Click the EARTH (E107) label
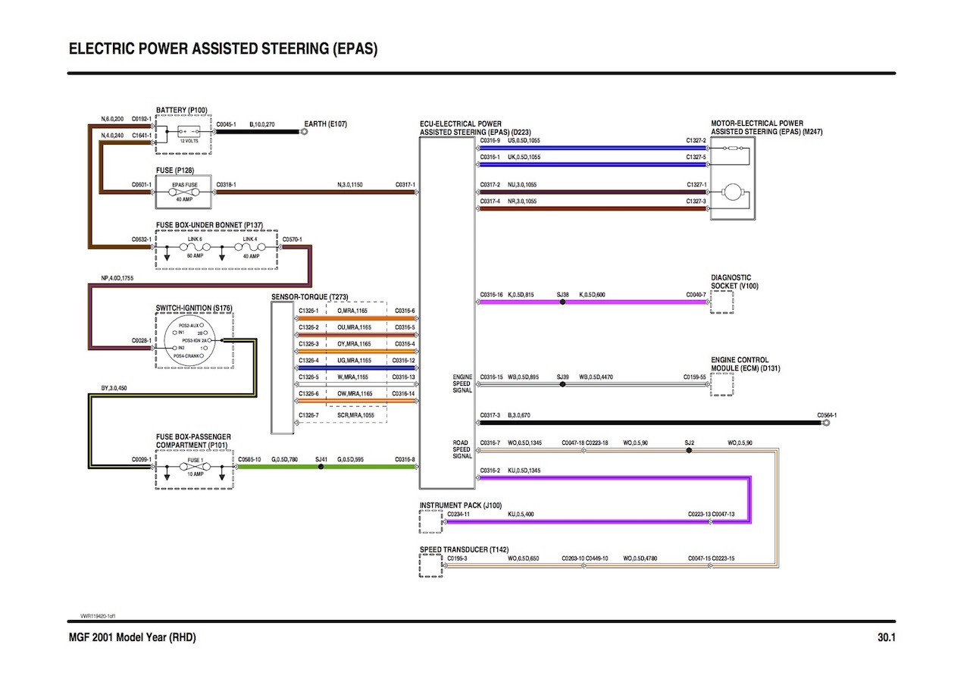(x=325, y=124)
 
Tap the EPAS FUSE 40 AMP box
(x=184, y=192)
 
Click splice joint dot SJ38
(x=562, y=302)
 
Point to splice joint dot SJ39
(x=562, y=384)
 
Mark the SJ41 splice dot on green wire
(x=321, y=467)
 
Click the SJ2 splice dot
(x=689, y=450)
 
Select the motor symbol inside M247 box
(x=733, y=192)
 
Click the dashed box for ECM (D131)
(x=721, y=384)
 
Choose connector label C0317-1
(x=405, y=185)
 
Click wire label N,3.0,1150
(x=350, y=185)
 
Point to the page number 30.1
(x=886, y=638)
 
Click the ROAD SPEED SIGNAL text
(x=462, y=449)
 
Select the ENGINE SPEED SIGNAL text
(x=462, y=383)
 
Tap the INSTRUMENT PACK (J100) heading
(x=461, y=505)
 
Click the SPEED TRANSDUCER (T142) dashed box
(x=430, y=565)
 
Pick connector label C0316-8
(x=405, y=459)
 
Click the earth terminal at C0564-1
(x=826, y=423)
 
